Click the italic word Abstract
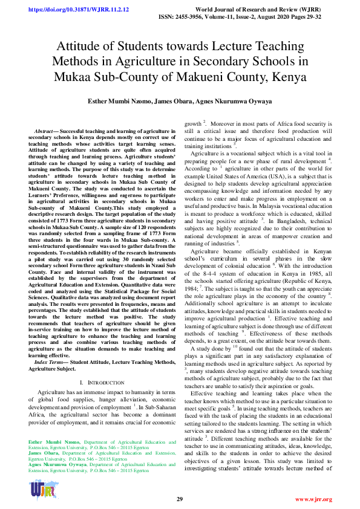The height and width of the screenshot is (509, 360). tap(44, 131)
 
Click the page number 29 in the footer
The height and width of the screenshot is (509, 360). tap(180, 499)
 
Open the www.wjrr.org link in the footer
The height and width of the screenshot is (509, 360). tap(313, 499)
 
